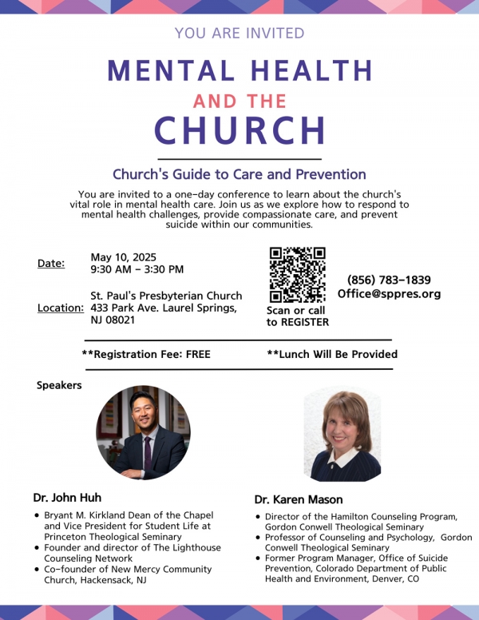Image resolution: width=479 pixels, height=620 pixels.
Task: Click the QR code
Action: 297,275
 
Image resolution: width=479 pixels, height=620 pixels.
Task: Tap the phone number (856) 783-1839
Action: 389,280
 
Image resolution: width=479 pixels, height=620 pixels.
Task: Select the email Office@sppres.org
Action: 389,294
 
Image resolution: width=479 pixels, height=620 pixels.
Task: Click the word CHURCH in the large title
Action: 239,131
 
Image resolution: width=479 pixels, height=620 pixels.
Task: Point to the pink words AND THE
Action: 239,102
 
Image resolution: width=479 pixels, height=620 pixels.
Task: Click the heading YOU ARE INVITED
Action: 239,34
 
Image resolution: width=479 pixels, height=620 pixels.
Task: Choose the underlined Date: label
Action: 51,263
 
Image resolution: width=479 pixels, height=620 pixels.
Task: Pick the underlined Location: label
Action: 61,308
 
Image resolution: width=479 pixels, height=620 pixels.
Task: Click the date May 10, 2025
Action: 123,257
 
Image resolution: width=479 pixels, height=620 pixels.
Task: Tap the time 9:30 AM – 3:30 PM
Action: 137,270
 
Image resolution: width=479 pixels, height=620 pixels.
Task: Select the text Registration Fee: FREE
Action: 146,354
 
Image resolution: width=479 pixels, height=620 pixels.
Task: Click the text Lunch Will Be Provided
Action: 332,354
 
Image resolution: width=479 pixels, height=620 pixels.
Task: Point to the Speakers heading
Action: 59,385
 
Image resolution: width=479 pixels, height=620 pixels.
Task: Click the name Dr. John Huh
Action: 67,498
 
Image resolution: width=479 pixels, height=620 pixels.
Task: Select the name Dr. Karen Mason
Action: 298,499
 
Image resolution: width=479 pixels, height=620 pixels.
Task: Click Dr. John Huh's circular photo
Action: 143,432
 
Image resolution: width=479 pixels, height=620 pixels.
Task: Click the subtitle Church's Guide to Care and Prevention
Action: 239,174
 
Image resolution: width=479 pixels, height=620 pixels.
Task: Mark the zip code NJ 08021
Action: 113,320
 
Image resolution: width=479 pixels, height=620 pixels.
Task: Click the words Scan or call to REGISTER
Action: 297,316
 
